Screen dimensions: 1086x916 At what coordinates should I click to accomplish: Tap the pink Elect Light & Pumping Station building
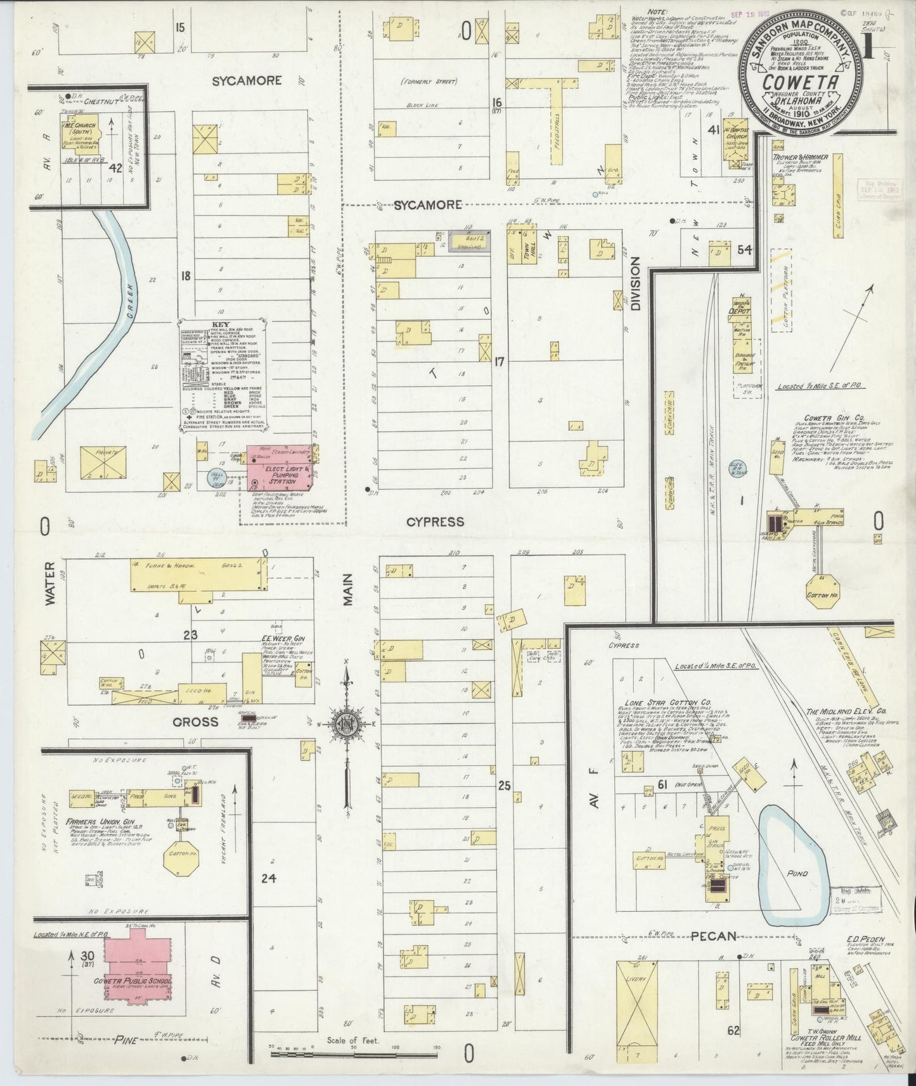pyautogui.click(x=279, y=475)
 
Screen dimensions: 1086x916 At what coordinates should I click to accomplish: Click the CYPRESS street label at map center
pyautogui.click(x=435, y=521)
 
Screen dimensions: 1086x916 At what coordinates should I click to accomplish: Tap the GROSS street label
pyautogui.click(x=197, y=722)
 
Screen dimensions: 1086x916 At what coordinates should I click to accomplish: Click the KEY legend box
pyautogui.click(x=221, y=374)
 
